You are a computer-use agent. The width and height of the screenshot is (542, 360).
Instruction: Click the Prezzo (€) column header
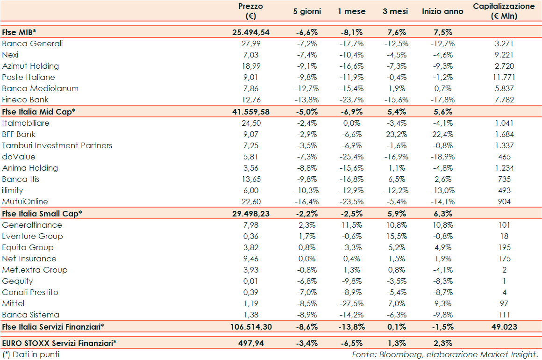pyautogui.click(x=251, y=11)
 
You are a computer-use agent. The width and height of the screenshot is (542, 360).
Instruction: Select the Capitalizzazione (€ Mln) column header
pyautogui.click(x=504, y=11)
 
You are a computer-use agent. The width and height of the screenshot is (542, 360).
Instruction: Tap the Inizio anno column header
pyautogui.click(x=442, y=11)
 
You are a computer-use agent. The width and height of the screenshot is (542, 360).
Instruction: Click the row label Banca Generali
pyautogui.click(x=32, y=43)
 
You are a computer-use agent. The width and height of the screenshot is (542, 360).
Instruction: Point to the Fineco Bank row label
pyautogui.click(x=25, y=100)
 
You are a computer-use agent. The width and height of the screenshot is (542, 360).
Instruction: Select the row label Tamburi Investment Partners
pyautogui.click(x=57, y=145)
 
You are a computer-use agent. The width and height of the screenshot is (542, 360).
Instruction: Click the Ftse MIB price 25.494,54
pyautogui.click(x=251, y=32)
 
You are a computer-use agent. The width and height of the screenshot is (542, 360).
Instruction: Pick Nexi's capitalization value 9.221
pyautogui.click(x=504, y=55)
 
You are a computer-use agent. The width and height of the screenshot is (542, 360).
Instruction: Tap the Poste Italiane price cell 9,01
pyautogui.click(x=251, y=77)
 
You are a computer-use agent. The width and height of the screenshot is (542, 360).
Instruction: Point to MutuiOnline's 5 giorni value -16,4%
pyautogui.click(x=307, y=202)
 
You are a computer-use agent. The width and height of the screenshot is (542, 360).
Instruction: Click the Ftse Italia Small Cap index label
pyautogui.click(x=42, y=213)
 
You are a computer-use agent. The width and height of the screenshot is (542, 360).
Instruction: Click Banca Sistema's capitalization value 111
pyautogui.click(x=504, y=315)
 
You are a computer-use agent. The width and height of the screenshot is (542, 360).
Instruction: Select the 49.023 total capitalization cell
pyautogui.click(x=504, y=326)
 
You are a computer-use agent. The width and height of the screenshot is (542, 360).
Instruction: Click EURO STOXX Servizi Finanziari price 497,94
pyautogui.click(x=251, y=343)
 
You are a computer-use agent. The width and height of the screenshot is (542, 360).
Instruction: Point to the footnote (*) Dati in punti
pyautogui.click(x=31, y=354)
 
